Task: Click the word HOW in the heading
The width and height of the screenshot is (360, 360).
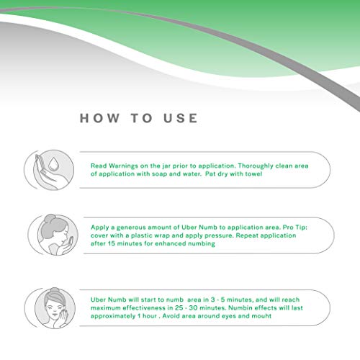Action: pos(99,118)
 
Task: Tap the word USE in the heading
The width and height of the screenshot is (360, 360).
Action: pos(181,118)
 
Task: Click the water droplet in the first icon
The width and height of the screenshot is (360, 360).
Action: pos(53,163)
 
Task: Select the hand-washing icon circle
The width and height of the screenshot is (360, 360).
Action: pos(53,170)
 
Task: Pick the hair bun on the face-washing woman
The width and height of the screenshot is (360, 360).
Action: pos(50,219)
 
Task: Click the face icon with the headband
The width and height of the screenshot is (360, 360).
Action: pos(55,308)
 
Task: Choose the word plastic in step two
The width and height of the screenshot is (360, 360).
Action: pos(141,235)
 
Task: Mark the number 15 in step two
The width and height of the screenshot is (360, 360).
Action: pos(112,243)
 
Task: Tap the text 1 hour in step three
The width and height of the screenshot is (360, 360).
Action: pos(148,316)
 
